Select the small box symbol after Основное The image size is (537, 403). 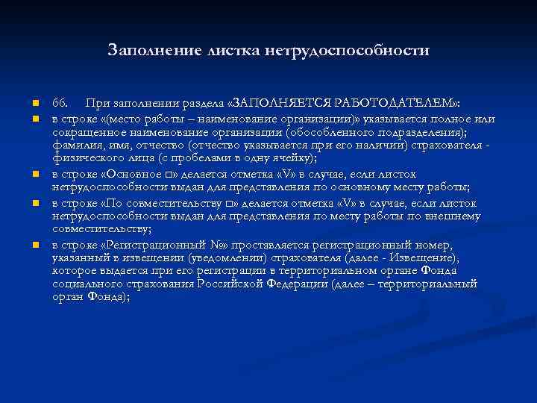(168, 174)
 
